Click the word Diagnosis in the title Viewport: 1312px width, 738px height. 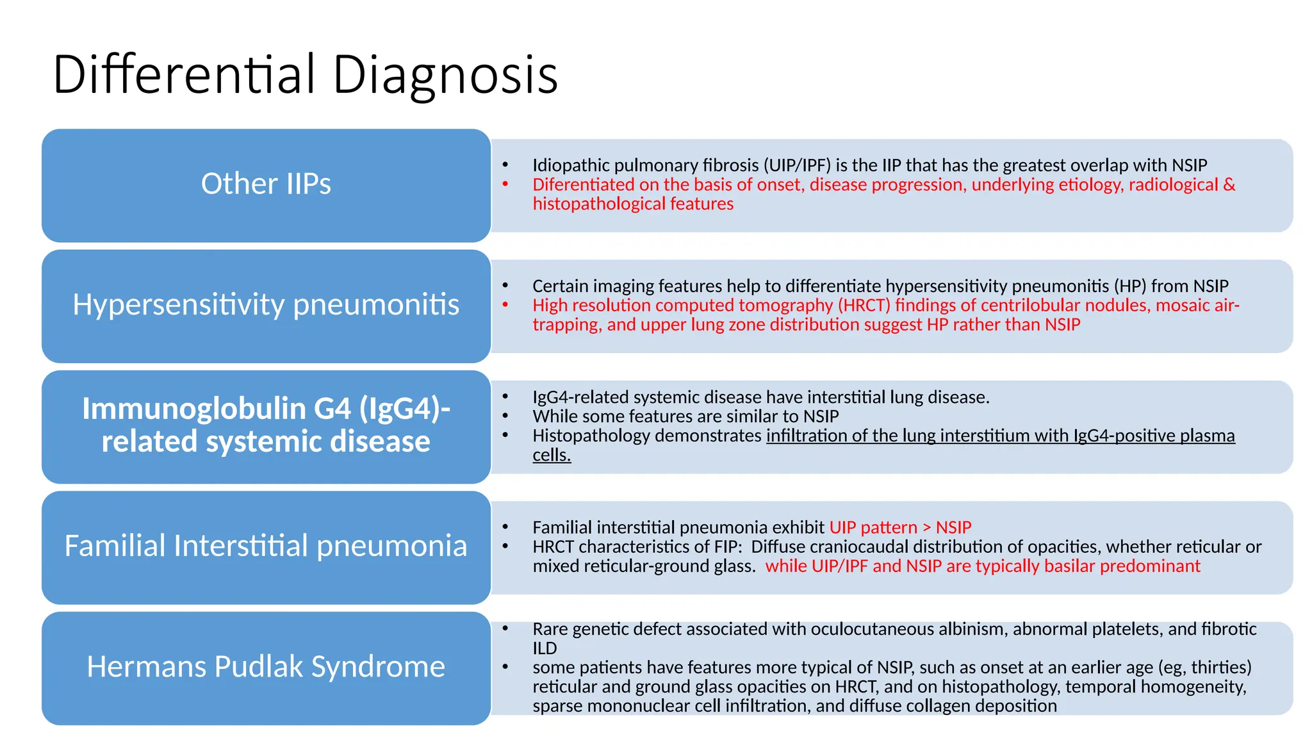445,75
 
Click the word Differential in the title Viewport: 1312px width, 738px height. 186,75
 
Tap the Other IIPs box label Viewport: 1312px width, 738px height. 266,184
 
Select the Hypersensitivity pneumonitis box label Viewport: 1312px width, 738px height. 266,304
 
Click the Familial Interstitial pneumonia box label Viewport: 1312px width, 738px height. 266,546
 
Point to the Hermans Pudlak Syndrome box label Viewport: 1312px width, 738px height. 266,666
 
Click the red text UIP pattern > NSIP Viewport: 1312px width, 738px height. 900,527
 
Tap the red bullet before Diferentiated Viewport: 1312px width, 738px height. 505,184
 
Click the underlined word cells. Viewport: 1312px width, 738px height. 551,455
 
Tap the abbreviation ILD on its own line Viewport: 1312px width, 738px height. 545,648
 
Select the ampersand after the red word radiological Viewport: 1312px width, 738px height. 1229,184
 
